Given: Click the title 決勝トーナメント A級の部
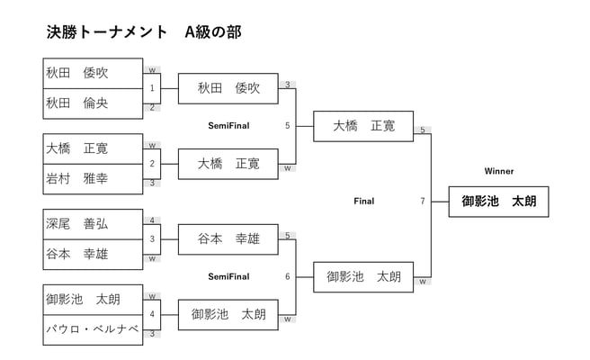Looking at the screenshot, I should click(144, 32).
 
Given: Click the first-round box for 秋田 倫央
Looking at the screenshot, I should click(93, 103).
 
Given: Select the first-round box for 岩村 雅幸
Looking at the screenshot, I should click(93, 179).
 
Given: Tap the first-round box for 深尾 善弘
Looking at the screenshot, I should click(93, 223).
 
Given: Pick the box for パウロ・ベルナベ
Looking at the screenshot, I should click(93, 330).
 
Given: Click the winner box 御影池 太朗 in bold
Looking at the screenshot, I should click(498, 202).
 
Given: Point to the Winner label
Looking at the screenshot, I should click(498, 171).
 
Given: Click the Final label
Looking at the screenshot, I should click(363, 201).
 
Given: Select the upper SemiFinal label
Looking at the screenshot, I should click(228, 126).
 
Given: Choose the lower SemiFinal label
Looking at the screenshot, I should click(228, 276).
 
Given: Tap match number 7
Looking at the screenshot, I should click(422, 201).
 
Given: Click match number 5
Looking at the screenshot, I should click(287, 126).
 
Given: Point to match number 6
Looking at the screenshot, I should click(287, 276).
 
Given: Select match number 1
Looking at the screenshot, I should click(152, 88).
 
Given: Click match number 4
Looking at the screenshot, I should click(152, 315).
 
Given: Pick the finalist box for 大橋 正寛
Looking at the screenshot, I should click(363, 126).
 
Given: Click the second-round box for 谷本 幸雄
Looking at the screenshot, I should click(228, 239).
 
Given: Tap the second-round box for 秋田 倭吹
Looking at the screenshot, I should click(228, 88).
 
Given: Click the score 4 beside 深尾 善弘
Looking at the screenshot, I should click(152, 220).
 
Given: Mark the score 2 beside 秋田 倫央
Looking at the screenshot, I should click(152, 107).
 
